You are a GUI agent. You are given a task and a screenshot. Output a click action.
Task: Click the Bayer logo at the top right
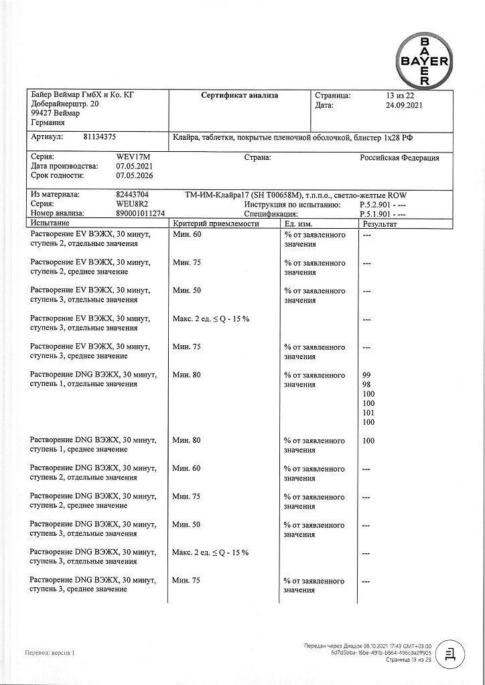tap(424, 60)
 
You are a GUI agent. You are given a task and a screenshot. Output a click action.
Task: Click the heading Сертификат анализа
tap(240, 96)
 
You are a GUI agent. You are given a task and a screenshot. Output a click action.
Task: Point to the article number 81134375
tap(100, 136)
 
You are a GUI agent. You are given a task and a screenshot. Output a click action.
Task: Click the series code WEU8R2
tap(133, 204)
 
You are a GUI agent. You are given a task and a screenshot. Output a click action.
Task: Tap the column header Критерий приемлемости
tap(216, 223)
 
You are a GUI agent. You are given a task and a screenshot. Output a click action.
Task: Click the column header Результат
tap(379, 223)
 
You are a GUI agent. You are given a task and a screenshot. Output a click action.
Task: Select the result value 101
tap(368, 413)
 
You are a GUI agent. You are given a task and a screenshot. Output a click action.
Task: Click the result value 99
tap(366, 375)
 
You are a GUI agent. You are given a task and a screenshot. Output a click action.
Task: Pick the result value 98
tap(366, 385)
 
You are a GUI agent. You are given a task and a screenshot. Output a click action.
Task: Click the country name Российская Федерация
tap(400, 158)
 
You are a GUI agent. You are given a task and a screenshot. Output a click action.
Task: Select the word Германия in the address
tap(48, 123)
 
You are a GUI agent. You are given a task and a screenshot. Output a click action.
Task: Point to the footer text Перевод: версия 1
tap(50, 652)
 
